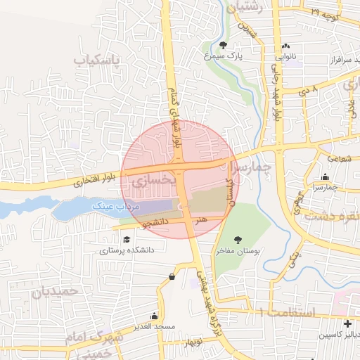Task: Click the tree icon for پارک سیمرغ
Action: point(223,46)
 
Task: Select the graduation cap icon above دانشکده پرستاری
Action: point(127,239)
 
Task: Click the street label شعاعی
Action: point(337,159)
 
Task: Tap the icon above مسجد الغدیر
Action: point(173,278)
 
